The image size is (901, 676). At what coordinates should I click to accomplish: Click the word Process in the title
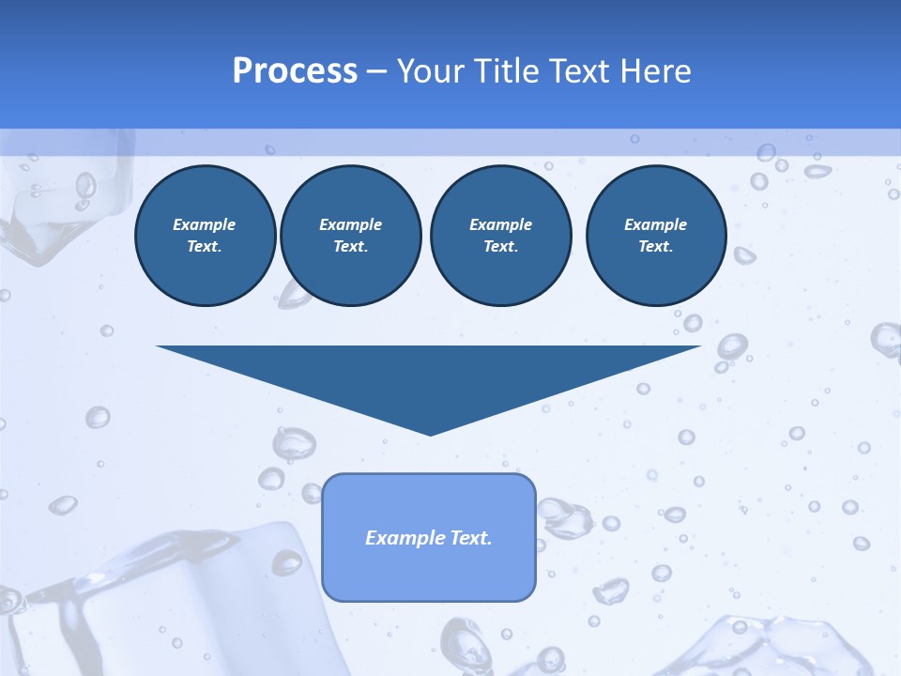point(295,71)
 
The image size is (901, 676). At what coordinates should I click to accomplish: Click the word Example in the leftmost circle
point(204,224)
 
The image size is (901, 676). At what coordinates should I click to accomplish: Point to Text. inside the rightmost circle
point(655,246)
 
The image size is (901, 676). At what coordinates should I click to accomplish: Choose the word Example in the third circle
point(500,224)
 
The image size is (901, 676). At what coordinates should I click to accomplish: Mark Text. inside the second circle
point(350,246)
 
